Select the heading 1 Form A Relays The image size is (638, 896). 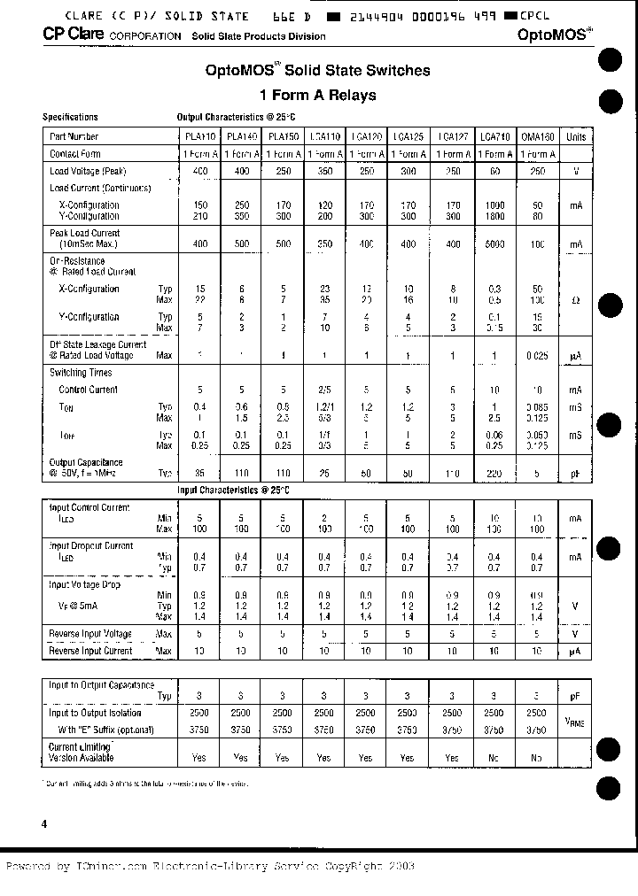pyautogui.click(x=317, y=96)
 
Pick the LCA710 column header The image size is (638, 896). pyautogui.click(x=494, y=137)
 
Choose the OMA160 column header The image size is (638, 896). pyautogui.click(x=536, y=137)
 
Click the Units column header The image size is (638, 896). pyautogui.click(x=576, y=137)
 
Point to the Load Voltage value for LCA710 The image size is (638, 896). pyautogui.click(x=494, y=171)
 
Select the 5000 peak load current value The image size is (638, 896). pyautogui.click(x=494, y=243)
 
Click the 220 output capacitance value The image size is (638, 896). pyautogui.click(x=494, y=474)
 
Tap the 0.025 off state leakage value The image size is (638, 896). pyautogui.click(x=536, y=356)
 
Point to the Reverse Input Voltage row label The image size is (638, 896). pyautogui.click(x=90, y=634)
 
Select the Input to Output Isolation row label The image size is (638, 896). pyautogui.click(x=95, y=713)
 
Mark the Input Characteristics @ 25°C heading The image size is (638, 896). pyautogui.click(x=233, y=490)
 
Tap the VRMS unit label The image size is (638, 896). pyautogui.click(x=576, y=722)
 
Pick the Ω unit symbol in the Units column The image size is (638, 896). pyautogui.click(x=576, y=301)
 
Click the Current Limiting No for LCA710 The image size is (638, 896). pyautogui.click(x=494, y=758)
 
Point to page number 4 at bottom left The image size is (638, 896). pyautogui.click(x=44, y=823)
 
